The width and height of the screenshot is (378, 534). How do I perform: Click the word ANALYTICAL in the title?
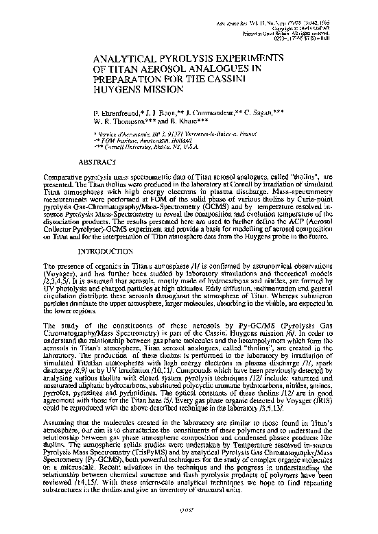(x=119, y=60)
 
